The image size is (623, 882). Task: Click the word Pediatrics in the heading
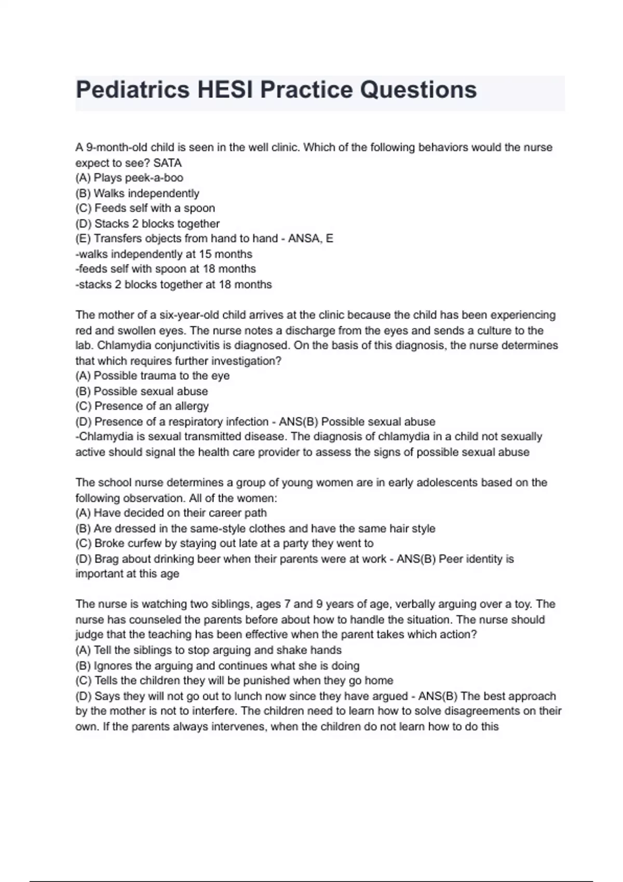(x=133, y=90)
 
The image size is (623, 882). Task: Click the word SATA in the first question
(x=168, y=163)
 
